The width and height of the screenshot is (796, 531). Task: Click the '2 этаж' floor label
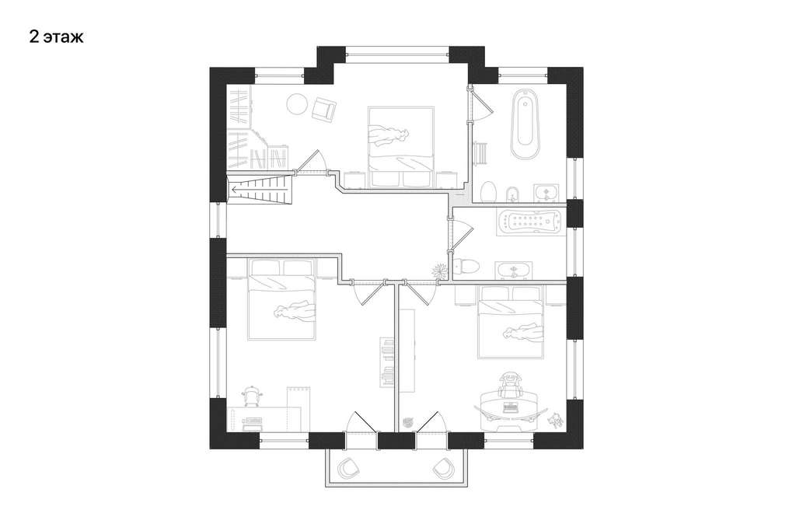click(x=56, y=37)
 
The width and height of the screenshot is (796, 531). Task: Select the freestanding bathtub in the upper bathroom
click(x=525, y=124)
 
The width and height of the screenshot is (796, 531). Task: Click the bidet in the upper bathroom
click(x=512, y=194)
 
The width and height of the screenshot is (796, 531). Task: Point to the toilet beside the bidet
click(x=488, y=192)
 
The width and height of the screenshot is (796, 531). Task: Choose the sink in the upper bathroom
click(x=546, y=192)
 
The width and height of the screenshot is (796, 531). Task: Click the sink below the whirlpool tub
click(x=514, y=271)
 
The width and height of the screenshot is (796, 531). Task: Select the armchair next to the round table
click(x=323, y=109)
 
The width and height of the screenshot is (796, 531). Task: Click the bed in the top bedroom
click(x=400, y=147)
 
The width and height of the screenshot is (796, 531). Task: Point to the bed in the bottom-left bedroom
click(x=281, y=299)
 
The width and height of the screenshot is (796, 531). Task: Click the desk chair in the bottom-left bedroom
click(x=252, y=395)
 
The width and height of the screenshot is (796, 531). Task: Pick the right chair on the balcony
click(x=442, y=467)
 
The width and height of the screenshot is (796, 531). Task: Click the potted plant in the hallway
click(x=438, y=271)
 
